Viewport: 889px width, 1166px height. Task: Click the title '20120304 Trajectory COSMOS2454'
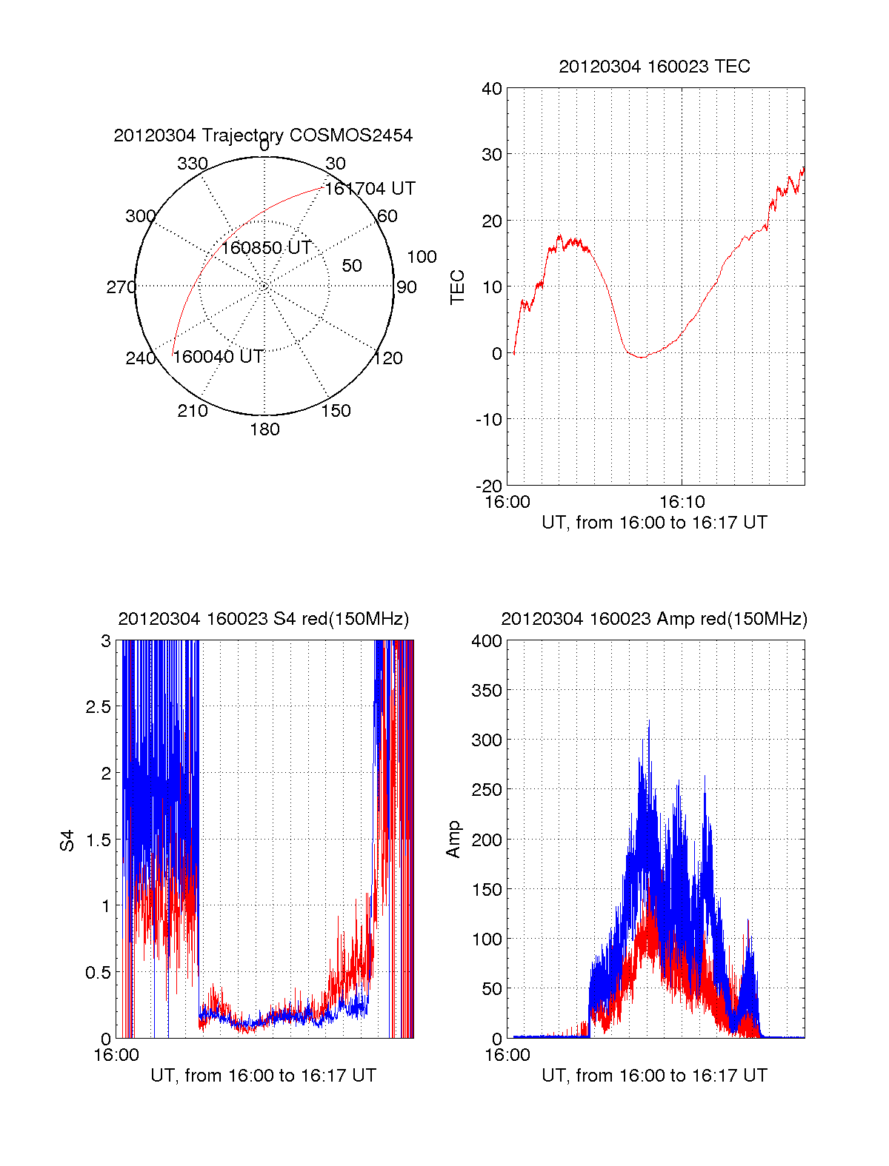263,135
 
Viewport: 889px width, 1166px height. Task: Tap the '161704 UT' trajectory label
370,189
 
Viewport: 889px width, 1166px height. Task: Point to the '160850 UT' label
266,248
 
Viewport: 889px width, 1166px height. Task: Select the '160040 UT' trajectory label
218,357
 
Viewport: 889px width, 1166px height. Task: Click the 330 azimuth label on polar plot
193,164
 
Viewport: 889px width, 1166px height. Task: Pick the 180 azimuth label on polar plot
264,429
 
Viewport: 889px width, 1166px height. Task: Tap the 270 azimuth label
121,287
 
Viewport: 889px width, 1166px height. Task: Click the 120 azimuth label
388,358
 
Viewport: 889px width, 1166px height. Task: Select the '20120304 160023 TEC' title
654,67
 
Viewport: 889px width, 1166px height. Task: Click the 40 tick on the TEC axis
492,89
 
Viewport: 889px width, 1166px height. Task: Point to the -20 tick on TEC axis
489,486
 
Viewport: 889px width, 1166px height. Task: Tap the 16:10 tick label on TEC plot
682,502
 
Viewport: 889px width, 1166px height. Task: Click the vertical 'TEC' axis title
458,287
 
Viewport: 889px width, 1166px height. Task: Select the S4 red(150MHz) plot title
263,619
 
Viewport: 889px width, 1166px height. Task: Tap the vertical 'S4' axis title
67,840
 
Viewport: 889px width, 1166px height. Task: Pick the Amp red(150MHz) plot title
654,619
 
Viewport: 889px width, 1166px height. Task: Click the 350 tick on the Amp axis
487,691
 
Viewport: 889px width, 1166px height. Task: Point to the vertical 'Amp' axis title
453,840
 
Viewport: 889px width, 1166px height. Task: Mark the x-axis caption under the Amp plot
654,1076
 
